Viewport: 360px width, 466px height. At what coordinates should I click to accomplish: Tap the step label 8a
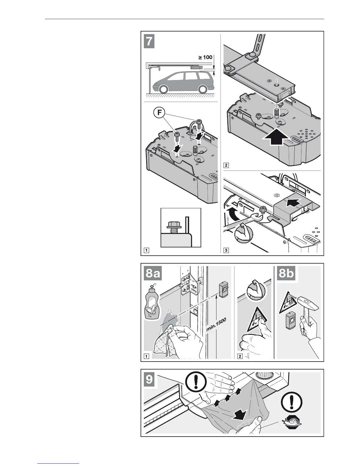[x=153, y=274]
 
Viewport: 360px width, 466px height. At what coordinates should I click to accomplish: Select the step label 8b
[x=286, y=274]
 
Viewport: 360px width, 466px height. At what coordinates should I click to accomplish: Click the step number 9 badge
[x=149, y=380]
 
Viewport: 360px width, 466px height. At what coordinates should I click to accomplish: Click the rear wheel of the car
[x=201, y=89]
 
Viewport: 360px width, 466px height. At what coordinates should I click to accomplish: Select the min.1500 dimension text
[x=216, y=325]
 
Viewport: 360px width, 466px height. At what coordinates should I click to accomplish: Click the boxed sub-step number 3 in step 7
[x=226, y=251]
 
